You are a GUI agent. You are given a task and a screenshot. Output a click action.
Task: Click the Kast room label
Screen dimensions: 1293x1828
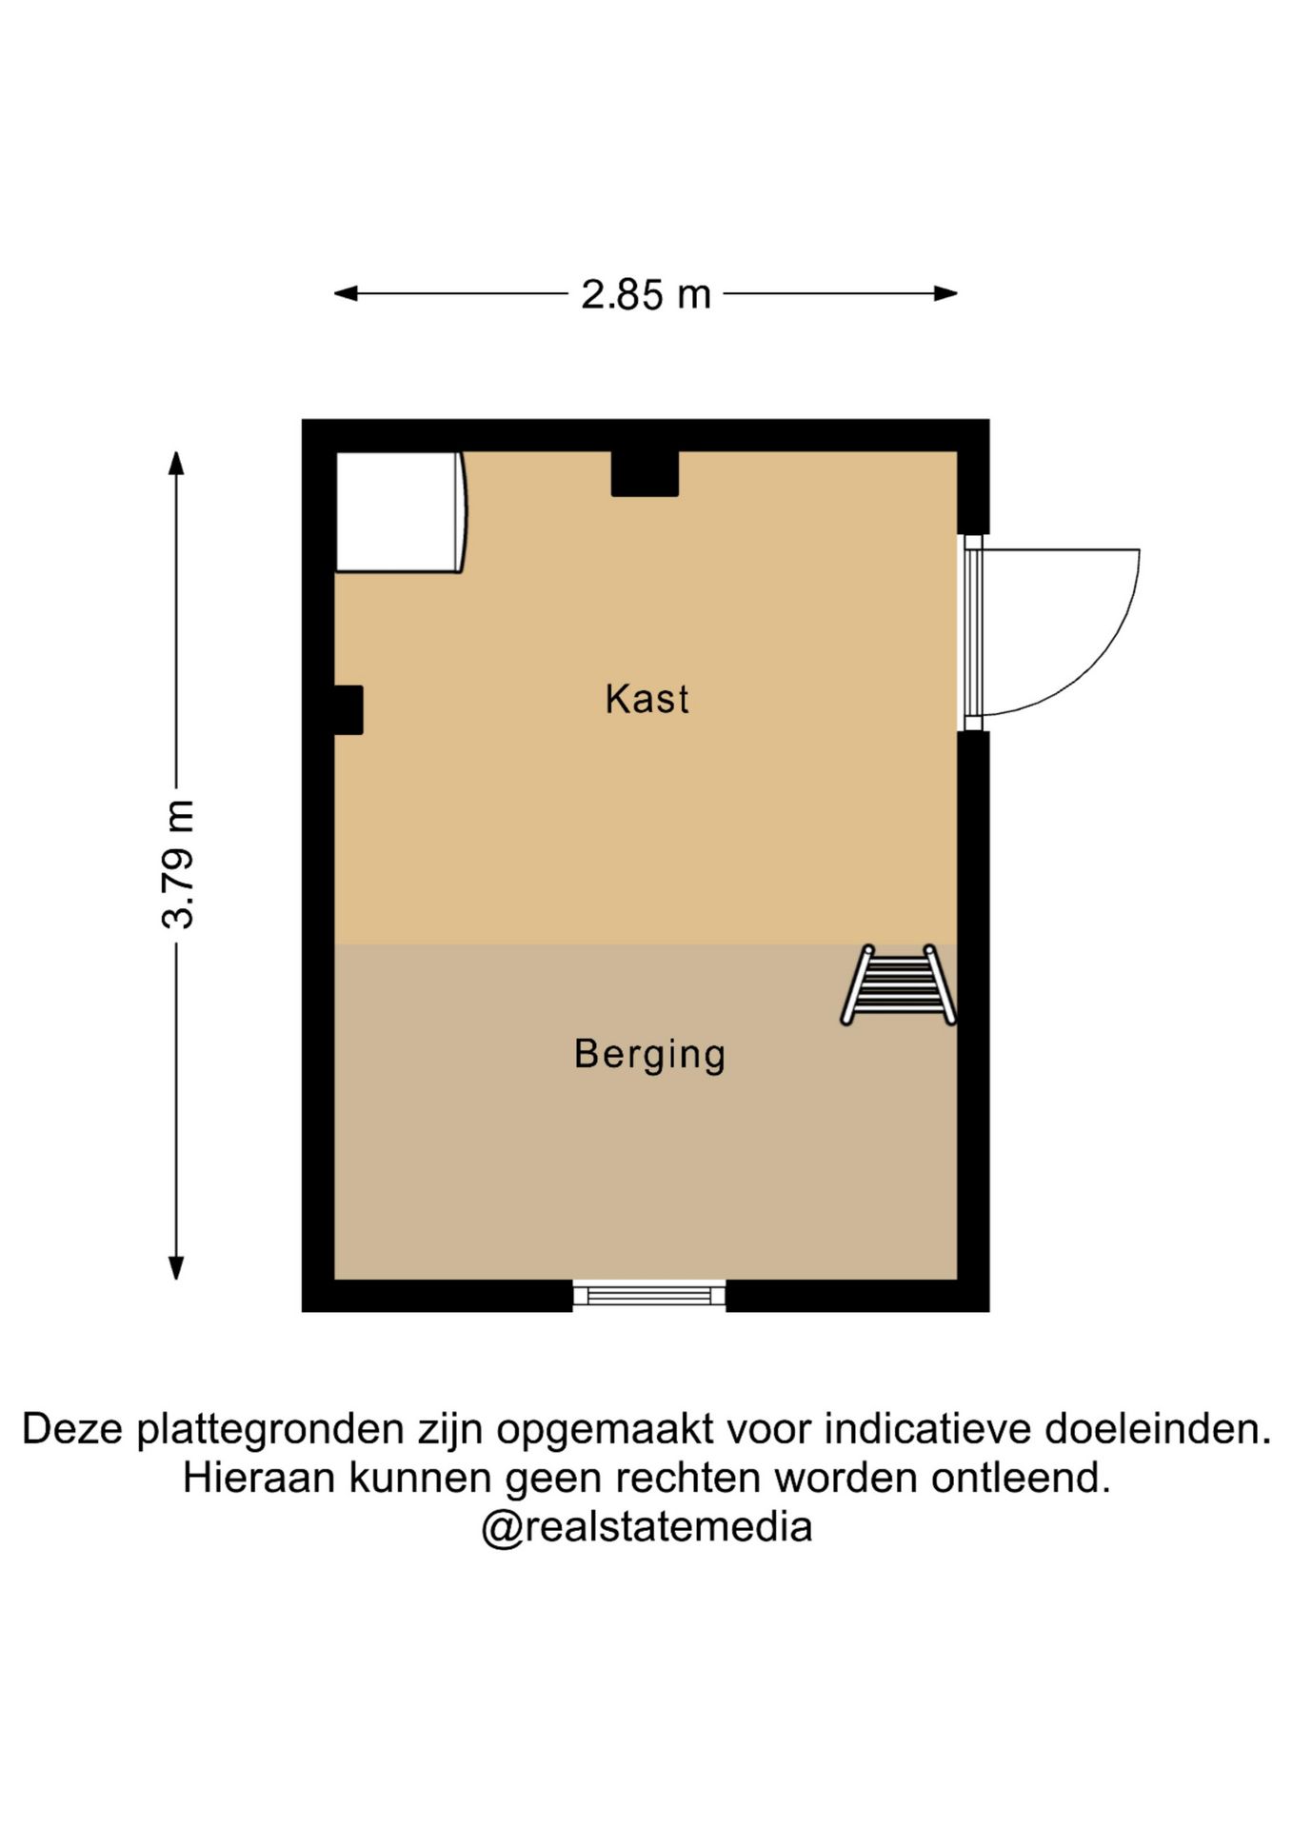tap(646, 699)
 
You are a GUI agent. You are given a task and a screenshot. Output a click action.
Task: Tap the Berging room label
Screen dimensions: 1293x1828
tap(649, 1055)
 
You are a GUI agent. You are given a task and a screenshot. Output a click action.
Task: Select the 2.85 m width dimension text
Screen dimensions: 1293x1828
tap(646, 294)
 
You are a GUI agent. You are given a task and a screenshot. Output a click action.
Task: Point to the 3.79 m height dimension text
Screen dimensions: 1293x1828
tap(178, 864)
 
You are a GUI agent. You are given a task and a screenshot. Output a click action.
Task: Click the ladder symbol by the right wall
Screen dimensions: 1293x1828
tap(898, 985)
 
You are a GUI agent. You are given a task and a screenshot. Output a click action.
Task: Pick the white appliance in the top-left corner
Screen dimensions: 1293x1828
tap(401, 512)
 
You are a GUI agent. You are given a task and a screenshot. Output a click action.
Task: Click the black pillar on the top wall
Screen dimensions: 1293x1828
tap(645, 473)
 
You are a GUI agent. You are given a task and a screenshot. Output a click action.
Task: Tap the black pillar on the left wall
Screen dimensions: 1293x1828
tap(348, 710)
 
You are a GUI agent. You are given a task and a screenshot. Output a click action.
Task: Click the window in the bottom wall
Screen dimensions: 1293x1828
tap(649, 1295)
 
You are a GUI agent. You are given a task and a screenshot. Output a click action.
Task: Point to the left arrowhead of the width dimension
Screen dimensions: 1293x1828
tap(346, 294)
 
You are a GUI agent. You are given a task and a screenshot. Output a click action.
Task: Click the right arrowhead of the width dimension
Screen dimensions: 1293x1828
tap(945, 294)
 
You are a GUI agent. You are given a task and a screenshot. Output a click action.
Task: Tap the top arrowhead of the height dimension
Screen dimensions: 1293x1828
tap(176, 463)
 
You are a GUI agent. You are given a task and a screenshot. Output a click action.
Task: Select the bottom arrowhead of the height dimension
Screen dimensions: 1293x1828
tap(176, 1267)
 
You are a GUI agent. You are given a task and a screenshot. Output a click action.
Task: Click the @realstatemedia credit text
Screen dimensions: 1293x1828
tap(646, 1527)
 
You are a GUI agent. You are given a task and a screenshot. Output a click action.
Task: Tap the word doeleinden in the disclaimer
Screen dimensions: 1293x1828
tap(1158, 1429)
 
